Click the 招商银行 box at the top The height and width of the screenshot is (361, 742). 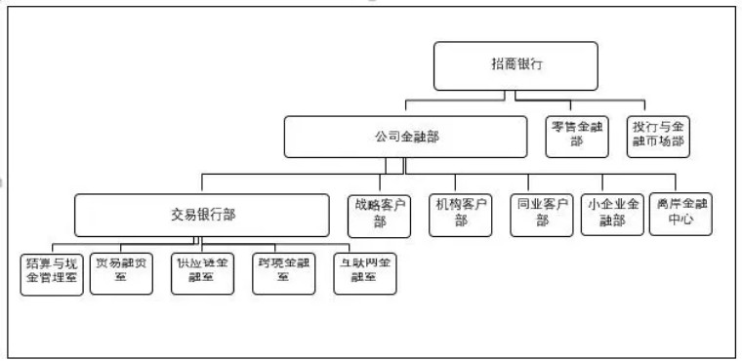(x=516, y=65)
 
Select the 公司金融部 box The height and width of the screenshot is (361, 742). (x=406, y=138)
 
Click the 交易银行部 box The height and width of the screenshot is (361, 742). (x=202, y=214)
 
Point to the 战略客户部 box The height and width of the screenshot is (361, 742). (x=378, y=214)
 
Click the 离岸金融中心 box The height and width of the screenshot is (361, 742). (x=680, y=214)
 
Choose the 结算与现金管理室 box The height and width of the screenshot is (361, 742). (x=52, y=273)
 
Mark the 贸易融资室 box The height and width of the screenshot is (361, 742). (x=122, y=273)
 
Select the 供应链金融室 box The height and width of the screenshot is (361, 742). (x=202, y=273)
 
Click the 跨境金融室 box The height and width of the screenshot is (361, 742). (x=283, y=273)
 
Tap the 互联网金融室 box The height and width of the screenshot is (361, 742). (x=363, y=273)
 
